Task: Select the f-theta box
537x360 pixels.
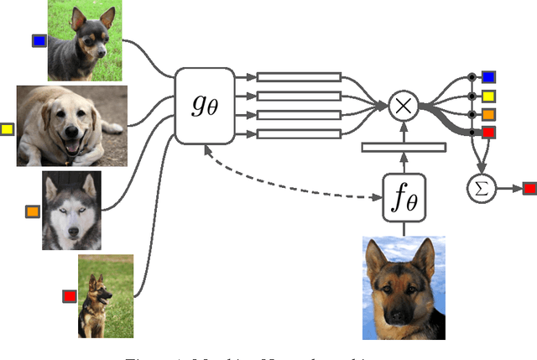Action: pyautogui.click(x=404, y=198)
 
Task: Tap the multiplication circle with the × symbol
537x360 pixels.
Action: pyautogui.click(x=404, y=106)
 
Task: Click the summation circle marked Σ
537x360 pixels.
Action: pyautogui.click(x=482, y=189)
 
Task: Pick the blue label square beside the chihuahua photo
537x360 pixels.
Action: pyautogui.click(x=38, y=40)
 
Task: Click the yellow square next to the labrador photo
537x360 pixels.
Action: pyautogui.click(x=8, y=129)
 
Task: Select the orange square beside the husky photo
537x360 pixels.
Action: pyautogui.click(x=33, y=211)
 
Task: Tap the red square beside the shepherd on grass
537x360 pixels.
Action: pyautogui.click(x=70, y=295)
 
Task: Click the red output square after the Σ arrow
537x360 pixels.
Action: pyautogui.click(x=529, y=189)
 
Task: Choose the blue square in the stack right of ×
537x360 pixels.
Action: pyautogui.click(x=488, y=78)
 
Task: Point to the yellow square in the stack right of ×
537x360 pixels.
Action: pyautogui.click(x=488, y=97)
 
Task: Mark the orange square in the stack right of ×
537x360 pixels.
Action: pyautogui.click(x=488, y=114)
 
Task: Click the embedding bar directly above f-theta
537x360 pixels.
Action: pyautogui.click(x=404, y=148)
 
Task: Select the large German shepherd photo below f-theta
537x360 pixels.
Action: pyautogui.click(x=404, y=281)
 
